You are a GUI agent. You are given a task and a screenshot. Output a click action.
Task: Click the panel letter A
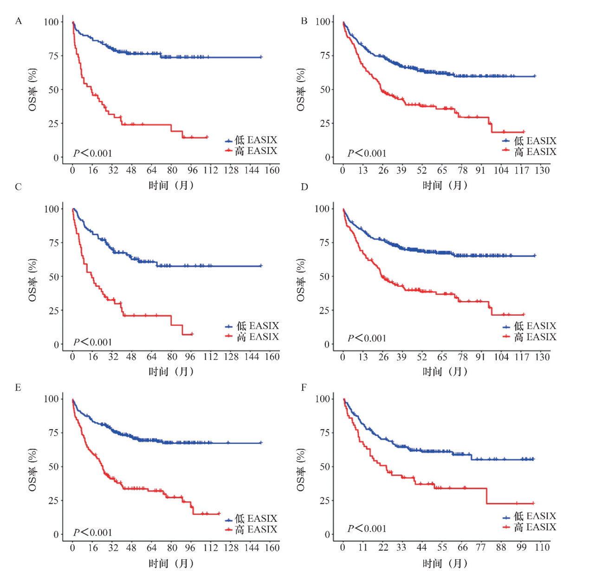[x=19, y=21]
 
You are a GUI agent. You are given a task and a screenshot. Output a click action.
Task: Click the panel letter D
[x=304, y=187]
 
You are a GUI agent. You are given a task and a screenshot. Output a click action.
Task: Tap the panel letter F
[x=304, y=387]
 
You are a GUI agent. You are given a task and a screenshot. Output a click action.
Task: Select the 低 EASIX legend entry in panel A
[x=251, y=140]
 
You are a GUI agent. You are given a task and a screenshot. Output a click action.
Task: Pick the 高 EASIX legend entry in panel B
[x=530, y=152]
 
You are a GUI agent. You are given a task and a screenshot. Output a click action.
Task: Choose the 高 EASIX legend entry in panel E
[x=251, y=529]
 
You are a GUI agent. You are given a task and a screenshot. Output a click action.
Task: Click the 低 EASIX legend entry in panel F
[x=530, y=516]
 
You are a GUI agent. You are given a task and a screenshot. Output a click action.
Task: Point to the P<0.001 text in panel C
[x=93, y=342]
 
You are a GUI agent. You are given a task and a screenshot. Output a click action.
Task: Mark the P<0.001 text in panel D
[x=367, y=338]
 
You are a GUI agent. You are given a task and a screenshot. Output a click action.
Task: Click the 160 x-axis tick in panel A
[x=272, y=170]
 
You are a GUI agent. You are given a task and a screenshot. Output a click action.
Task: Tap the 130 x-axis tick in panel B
[x=542, y=170]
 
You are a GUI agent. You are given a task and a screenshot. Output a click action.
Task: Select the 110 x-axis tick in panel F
[x=542, y=547]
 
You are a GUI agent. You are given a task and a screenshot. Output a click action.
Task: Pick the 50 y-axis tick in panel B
[x=325, y=90]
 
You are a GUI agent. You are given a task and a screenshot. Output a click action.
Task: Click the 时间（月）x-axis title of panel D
[x=445, y=372]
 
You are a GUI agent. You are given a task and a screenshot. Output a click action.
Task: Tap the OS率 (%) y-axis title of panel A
[x=32, y=90]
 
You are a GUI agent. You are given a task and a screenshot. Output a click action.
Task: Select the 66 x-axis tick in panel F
[x=462, y=547]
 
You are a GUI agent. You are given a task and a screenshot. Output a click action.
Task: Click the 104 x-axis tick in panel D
[x=501, y=357]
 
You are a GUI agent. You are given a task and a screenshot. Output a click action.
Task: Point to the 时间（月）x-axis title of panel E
[x=171, y=564]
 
